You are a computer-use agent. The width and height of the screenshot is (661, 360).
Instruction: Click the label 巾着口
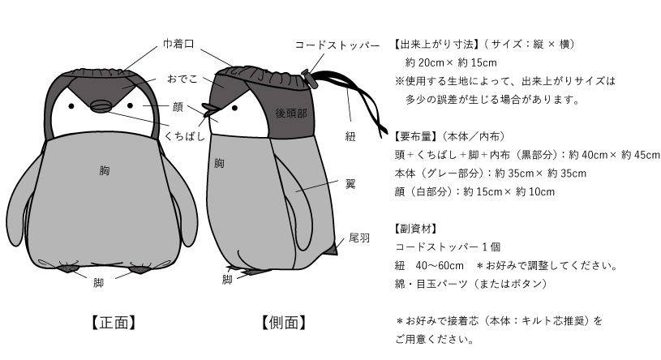click(x=178, y=44)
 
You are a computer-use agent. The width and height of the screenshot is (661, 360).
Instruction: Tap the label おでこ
click(x=182, y=79)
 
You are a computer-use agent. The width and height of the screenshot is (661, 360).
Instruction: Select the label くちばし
click(x=185, y=135)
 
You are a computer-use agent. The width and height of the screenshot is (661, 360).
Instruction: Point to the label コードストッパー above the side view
click(x=337, y=45)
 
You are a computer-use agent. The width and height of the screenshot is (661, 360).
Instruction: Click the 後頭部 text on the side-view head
click(x=291, y=113)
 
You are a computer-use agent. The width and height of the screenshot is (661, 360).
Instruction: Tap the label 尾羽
click(x=359, y=238)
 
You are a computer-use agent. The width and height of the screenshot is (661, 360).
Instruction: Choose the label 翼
click(x=350, y=184)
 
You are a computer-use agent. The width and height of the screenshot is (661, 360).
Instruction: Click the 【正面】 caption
click(x=114, y=323)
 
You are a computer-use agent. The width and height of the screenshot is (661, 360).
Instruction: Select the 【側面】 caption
click(x=283, y=323)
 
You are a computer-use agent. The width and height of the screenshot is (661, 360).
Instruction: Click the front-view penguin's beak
click(x=100, y=106)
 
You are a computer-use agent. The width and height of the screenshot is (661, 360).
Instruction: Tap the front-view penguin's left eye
click(x=71, y=105)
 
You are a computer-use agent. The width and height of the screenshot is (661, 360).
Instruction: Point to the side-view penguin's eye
click(x=234, y=108)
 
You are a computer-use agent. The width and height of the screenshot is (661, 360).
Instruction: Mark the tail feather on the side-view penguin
click(x=333, y=249)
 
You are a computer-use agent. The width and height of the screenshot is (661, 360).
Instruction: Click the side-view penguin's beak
click(x=209, y=110)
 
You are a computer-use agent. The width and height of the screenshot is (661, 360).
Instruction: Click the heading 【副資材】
click(x=415, y=229)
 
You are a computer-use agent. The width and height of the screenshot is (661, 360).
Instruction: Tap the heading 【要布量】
click(x=415, y=136)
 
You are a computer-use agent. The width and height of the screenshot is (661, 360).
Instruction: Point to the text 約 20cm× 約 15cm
click(x=451, y=62)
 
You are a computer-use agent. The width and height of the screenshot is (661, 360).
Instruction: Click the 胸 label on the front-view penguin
click(x=105, y=170)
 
